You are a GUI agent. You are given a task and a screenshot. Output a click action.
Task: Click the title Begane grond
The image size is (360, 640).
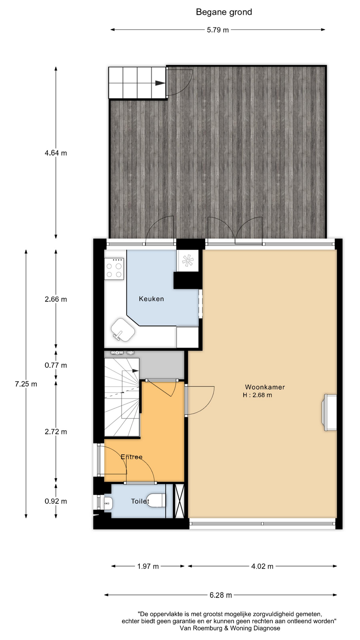[x=224, y=12]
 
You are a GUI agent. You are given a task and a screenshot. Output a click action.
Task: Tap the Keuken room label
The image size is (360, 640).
[x=151, y=299]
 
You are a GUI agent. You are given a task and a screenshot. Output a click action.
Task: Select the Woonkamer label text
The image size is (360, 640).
[x=265, y=387]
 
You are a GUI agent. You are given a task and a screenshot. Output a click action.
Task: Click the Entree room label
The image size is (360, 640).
[x=132, y=457]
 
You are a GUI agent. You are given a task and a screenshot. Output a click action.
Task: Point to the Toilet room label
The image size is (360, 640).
[x=140, y=501]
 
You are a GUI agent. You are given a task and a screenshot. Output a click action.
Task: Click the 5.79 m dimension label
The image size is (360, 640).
[x=218, y=30]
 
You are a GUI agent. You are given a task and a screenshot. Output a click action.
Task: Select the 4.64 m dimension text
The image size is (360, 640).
[x=56, y=153]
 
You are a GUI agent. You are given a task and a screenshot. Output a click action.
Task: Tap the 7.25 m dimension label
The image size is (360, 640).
[x=26, y=384]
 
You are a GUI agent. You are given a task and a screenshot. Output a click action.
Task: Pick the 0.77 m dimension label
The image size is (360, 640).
[x=56, y=365]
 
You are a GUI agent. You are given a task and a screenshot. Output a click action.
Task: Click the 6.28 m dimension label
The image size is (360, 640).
[x=221, y=595]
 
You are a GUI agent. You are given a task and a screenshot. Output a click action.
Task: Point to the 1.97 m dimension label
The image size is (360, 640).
[x=148, y=566]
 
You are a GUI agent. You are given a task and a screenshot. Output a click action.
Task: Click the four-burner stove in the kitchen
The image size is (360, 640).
[x=114, y=269]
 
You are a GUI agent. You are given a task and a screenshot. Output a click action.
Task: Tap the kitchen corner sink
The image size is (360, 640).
[x=122, y=330]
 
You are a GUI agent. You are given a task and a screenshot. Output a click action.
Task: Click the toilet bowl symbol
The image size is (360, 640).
[x=157, y=501]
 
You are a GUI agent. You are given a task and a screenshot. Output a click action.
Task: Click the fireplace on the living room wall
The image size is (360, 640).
[x=329, y=412]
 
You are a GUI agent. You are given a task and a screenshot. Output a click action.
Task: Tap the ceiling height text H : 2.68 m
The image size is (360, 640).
[x=257, y=395]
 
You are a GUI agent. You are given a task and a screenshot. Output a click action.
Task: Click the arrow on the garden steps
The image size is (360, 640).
[x=160, y=83]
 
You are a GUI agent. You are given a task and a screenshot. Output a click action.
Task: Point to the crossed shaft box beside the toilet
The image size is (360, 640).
[x=180, y=501]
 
